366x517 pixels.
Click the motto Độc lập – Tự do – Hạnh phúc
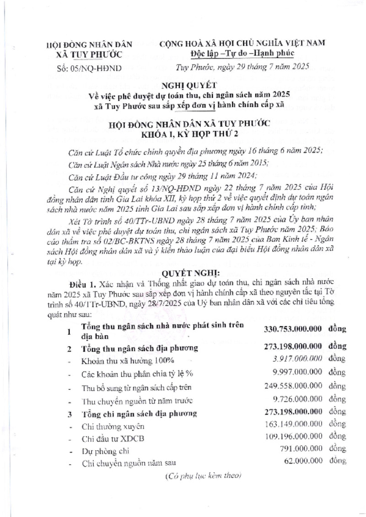(x=243, y=54)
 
